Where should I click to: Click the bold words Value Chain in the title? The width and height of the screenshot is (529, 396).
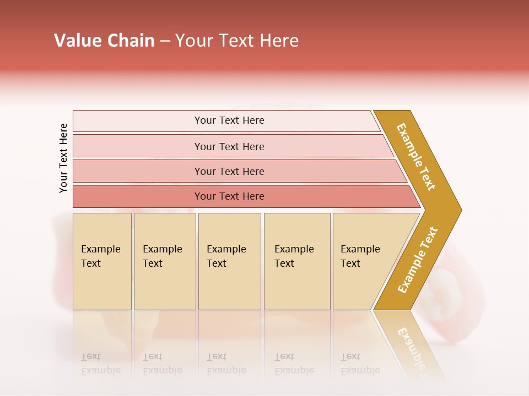[104, 41]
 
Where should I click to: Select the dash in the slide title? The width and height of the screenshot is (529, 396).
[165, 41]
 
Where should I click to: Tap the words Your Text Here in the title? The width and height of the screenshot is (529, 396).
[237, 41]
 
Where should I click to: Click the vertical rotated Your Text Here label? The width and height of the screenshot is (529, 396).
[63, 158]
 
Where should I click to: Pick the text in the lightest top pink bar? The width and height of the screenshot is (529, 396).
[229, 120]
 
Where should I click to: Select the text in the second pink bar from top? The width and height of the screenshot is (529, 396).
[229, 147]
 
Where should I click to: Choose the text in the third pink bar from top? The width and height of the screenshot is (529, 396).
[229, 172]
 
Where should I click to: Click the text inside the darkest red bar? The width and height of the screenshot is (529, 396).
[229, 196]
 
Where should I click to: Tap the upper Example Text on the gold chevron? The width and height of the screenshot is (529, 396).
[416, 157]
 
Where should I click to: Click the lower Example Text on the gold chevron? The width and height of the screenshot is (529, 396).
[417, 260]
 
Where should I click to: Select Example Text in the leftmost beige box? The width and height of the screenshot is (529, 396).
[100, 256]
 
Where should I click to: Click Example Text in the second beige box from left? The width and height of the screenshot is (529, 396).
[162, 256]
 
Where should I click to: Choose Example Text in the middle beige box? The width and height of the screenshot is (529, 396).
[226, 256]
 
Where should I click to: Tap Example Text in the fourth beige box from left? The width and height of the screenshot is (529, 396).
[294, 256]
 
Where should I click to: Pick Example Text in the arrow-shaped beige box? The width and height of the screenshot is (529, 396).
[360, 256]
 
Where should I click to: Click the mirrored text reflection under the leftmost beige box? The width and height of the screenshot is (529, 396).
[100, 364]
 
